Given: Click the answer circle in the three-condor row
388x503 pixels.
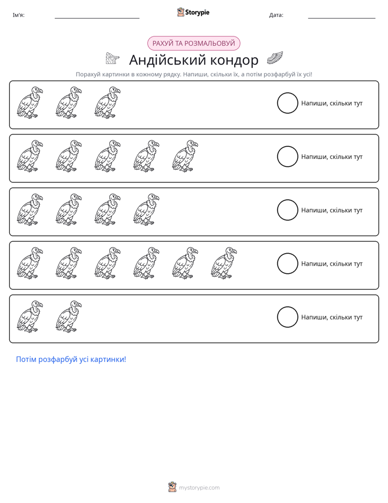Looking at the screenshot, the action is click(287, 93).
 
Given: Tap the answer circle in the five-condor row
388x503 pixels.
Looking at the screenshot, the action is click(287, 146).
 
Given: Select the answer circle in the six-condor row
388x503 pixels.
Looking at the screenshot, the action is click(287, 253).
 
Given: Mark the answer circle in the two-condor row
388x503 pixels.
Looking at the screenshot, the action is click(287, 306).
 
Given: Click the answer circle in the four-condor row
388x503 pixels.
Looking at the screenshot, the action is click(287, 200).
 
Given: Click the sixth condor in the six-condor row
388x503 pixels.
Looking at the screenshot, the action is click(224, 263).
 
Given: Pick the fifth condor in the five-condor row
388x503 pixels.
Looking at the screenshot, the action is click(185, 156).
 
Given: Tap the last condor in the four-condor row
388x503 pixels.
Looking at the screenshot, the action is click(146, 210).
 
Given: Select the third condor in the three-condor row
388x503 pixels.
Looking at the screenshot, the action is click(108, 102).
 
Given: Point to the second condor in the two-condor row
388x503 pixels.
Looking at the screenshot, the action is click(68, 316).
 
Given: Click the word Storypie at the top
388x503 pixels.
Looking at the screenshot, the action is click(197, 12).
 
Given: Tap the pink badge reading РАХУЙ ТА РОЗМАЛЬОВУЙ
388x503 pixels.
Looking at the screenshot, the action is click(193, 44).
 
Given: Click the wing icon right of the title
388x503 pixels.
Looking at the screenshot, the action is click(274, 58).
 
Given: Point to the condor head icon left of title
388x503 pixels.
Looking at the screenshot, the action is click(112, 58).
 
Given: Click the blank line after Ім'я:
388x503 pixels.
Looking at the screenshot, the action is click(97, 19).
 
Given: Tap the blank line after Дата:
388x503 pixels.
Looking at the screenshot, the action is click(342, 19).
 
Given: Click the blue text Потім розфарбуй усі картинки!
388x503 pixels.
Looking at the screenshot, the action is click(71, 359).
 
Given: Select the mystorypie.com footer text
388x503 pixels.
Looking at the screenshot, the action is click(199, 488).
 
